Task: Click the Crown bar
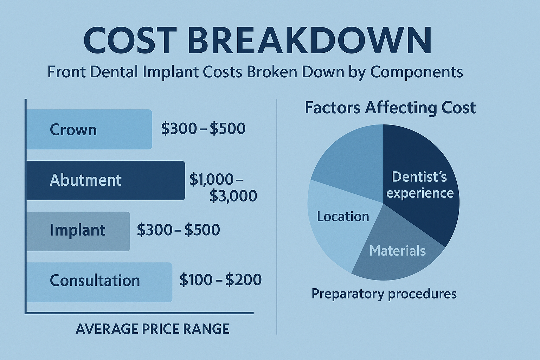[89, 129]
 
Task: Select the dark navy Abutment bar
[105, 180]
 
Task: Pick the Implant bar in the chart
[78, 231]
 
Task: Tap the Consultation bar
[99, 282]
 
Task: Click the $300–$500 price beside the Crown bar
[203, 129]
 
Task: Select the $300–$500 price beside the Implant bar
[178, 230]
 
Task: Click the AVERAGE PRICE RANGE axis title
[152, 329]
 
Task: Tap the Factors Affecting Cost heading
[390, 108]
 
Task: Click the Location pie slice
[337, 225]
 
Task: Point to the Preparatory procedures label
[384, 294]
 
